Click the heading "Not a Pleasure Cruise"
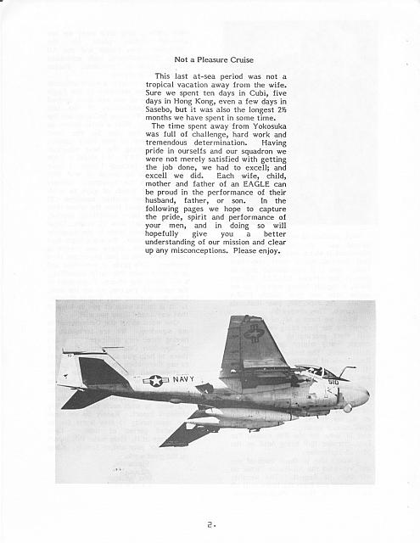pos(216,59)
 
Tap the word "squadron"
pos(255,150)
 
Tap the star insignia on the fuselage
pos(154,381)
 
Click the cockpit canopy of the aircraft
pos(311,372)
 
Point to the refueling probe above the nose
pos(345,369)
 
